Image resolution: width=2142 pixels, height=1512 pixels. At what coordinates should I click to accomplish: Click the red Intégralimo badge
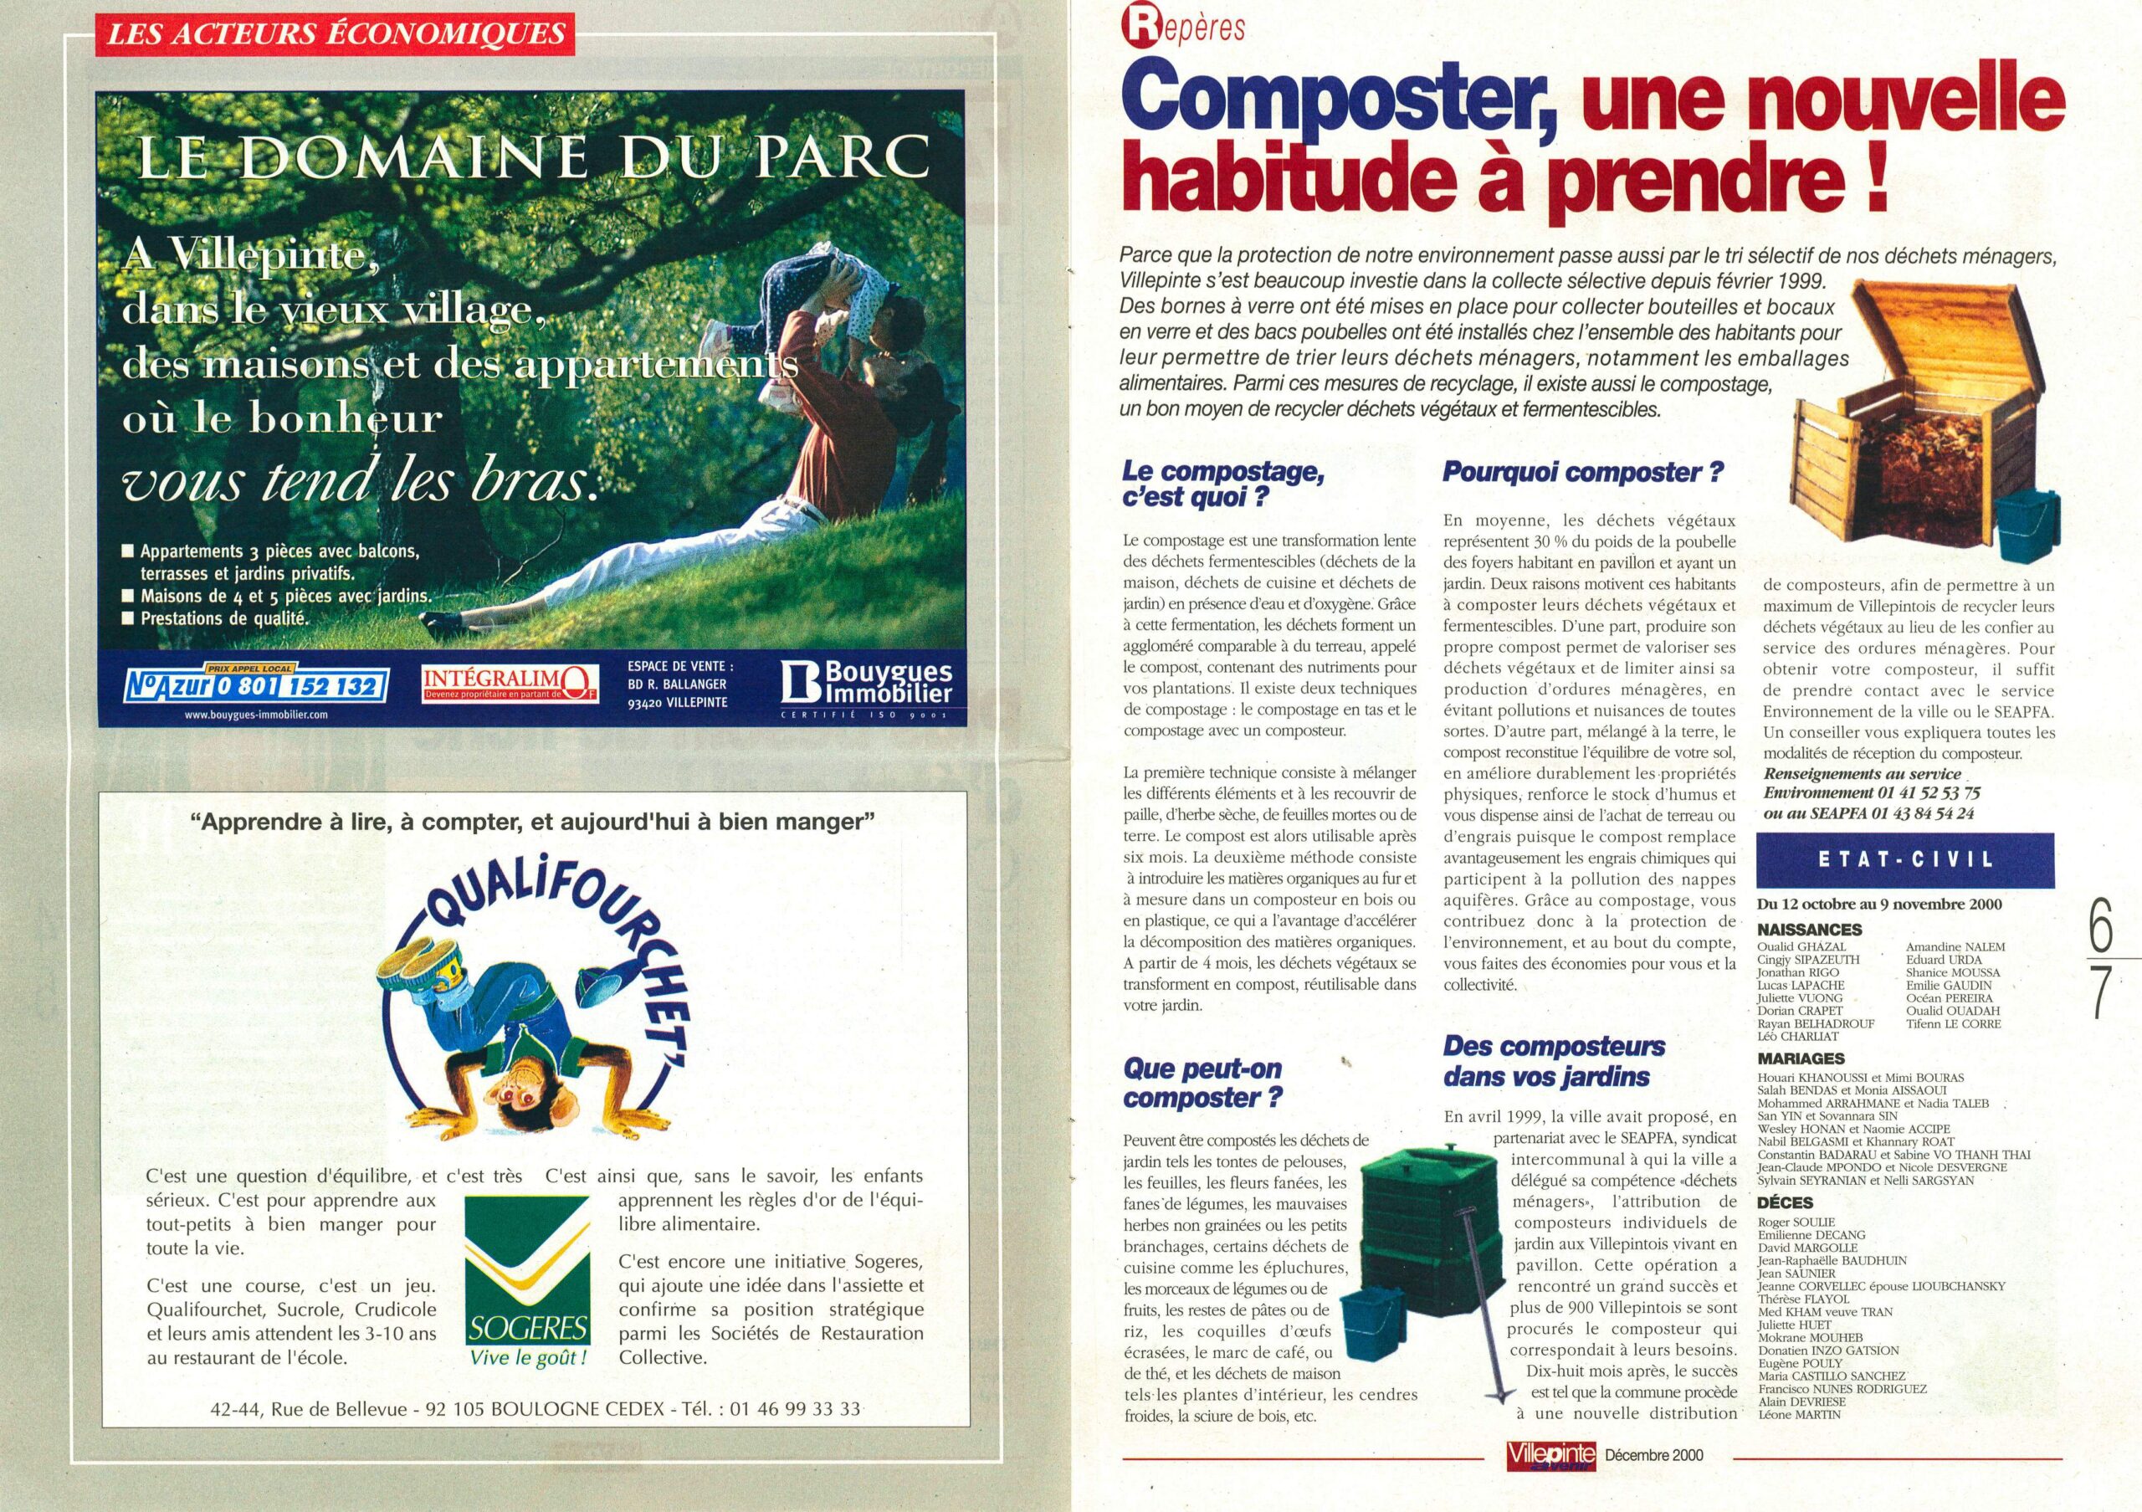pos(509,684)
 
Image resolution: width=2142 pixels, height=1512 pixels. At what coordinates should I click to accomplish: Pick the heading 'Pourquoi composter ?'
pos(1582,472)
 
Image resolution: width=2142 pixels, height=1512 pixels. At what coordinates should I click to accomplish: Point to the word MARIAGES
pos(1801,1058)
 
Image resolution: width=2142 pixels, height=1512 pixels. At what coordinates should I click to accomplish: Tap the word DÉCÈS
pos(1785,1202)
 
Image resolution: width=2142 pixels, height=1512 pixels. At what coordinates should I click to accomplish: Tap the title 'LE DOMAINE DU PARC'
pos(533,159)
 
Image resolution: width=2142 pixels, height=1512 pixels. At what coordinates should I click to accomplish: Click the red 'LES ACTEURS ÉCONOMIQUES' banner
pos(335,34)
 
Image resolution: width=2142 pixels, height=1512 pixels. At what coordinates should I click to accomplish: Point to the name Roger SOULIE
pos(1796,1222)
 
